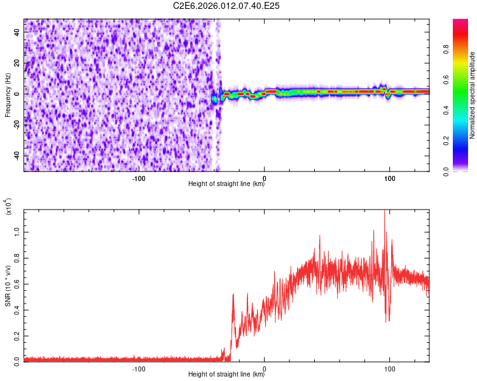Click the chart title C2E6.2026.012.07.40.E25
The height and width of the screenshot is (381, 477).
click(227, 6)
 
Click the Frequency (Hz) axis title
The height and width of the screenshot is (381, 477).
click(7, 95)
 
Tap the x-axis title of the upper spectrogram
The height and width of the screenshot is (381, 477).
click(226, 185)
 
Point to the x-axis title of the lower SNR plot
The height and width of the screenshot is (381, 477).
click(226, 375)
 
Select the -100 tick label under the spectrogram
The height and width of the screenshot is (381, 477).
click(139, 178)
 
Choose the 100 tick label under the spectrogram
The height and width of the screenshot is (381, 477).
click(389, 178)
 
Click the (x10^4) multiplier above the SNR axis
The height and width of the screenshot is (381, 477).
click(8, 206)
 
